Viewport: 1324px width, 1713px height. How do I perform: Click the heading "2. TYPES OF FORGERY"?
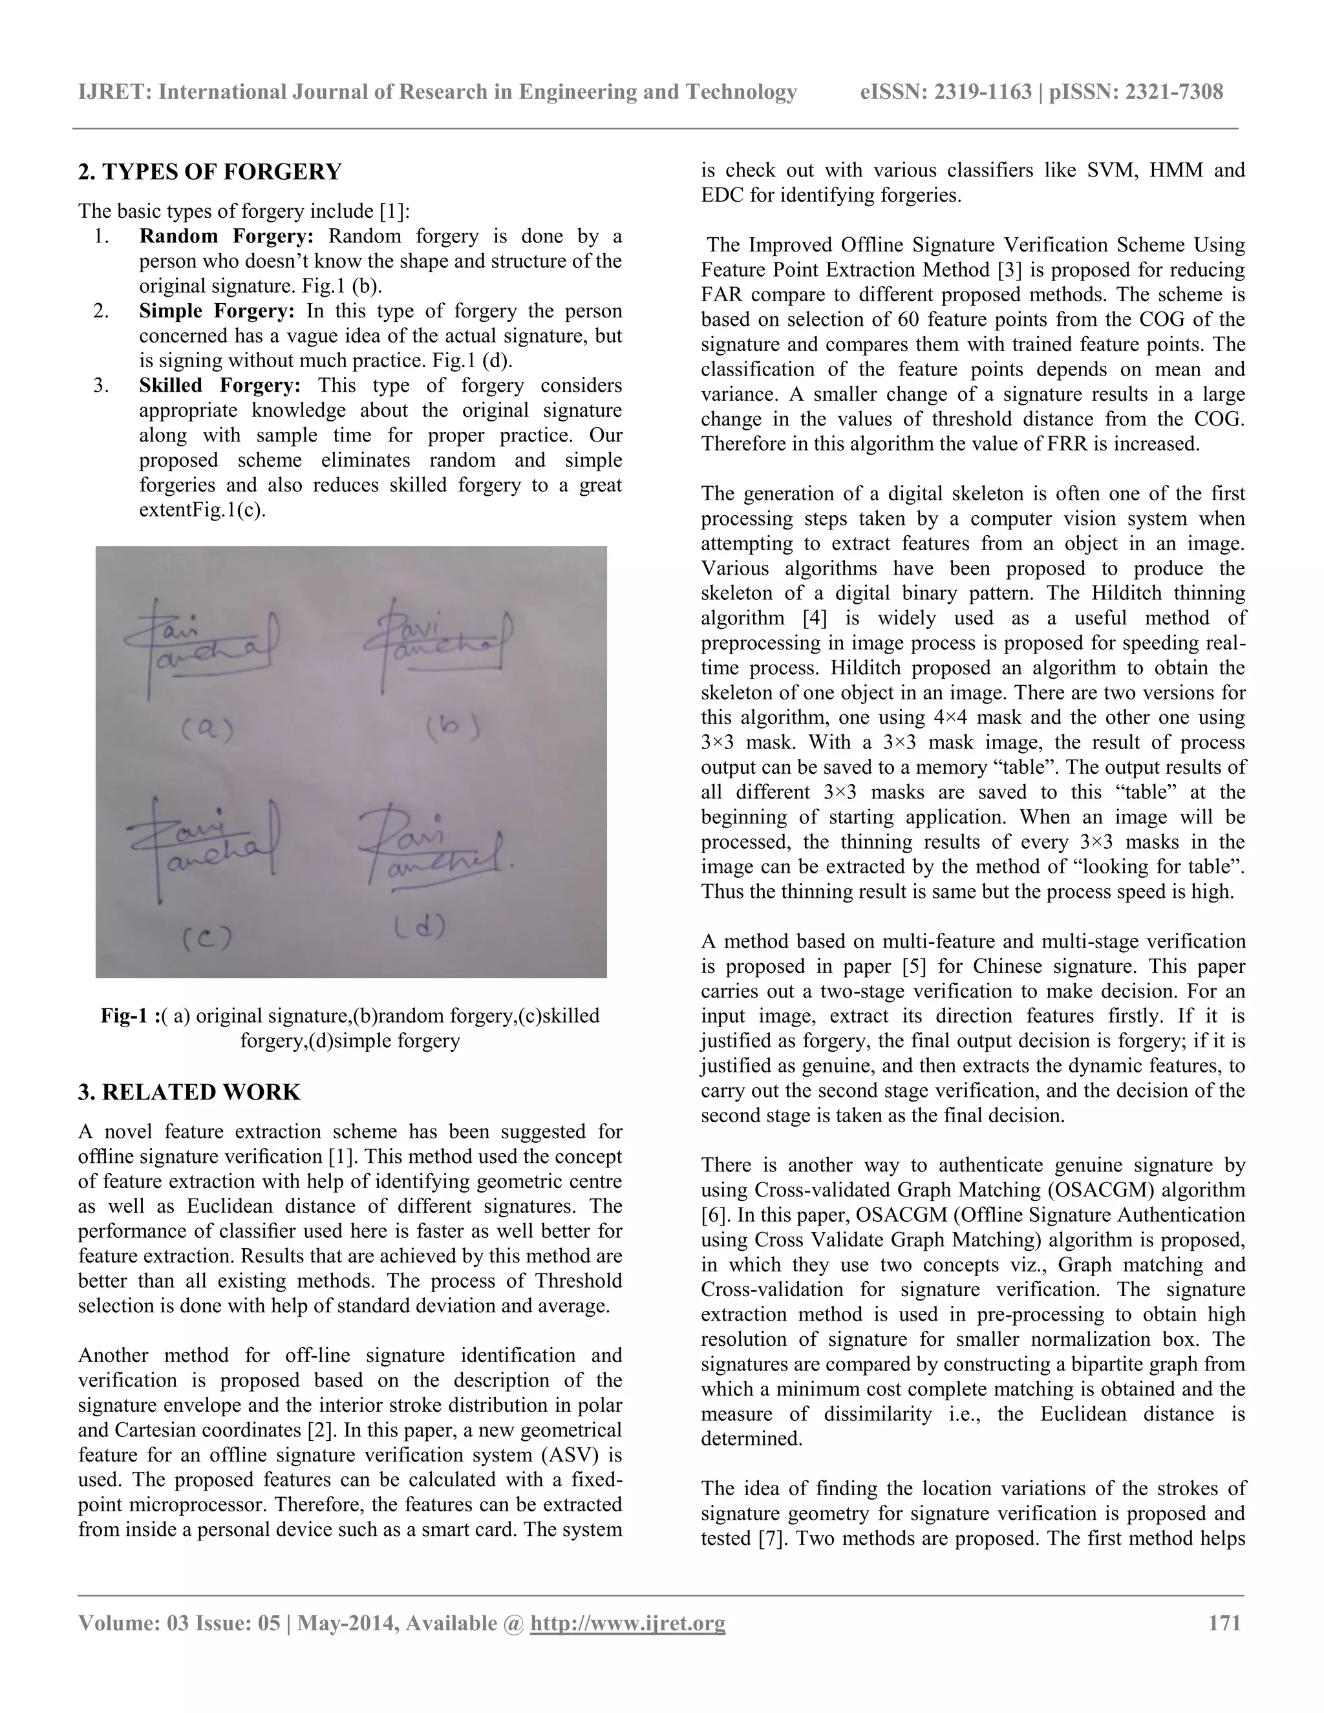(x=209, y=172)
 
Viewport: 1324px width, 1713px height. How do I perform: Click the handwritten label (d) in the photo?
(x=419, y=928)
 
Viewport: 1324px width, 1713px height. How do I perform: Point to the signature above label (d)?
(x=431, y=851)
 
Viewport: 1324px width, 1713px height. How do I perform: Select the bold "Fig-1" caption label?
(x=126, y=1016)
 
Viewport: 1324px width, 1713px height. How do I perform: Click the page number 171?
(x=1224, y=1622)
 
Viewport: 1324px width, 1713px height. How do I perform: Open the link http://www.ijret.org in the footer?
(x=628, y=1622)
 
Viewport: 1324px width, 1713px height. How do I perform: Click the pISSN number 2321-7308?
(x=1173, y=92)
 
